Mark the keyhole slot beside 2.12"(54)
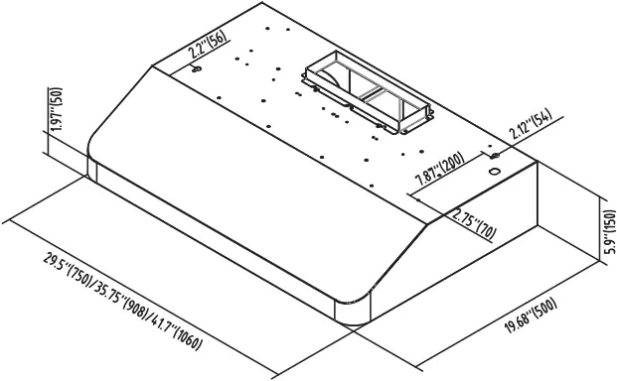[x=494, y=156]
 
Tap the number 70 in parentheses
[x=485, y=230]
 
